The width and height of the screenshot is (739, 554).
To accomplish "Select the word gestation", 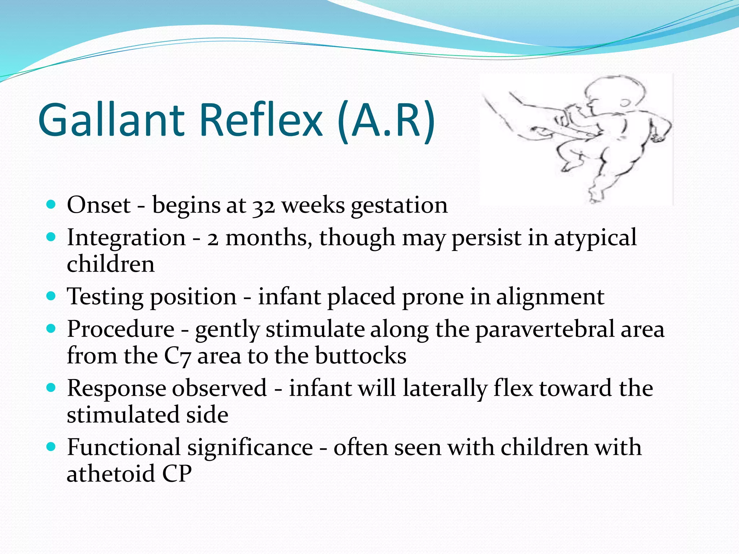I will [399, 206].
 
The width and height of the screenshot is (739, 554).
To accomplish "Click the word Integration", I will [126, 238].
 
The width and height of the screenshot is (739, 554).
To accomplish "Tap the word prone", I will [433, 297].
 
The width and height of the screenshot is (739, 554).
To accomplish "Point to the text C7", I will [177, 356].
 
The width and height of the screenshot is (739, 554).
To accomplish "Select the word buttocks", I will [360, 356].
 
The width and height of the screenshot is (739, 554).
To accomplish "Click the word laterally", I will [445, 389].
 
